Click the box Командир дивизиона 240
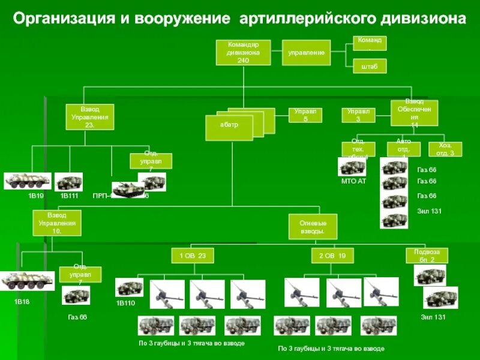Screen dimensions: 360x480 (243, 53)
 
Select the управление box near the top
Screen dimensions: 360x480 (306, 53)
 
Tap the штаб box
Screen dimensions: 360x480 (370, 66)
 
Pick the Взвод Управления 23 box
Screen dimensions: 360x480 (89, 118)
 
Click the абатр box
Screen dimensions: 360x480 (231, 125)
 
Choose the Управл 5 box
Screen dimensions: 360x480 (306, 115)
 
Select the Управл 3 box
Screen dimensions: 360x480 (358, 115)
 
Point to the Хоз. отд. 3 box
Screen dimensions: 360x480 (445, 149)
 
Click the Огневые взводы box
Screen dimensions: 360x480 (312, 227)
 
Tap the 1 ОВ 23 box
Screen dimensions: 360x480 (193, 256)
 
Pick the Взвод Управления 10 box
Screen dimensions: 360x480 (56, 222)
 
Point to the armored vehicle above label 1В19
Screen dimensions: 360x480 (28, 181)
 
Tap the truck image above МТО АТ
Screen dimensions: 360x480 (352, 167)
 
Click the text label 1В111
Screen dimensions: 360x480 (69, 196)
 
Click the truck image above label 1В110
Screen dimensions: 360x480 (129, 287)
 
